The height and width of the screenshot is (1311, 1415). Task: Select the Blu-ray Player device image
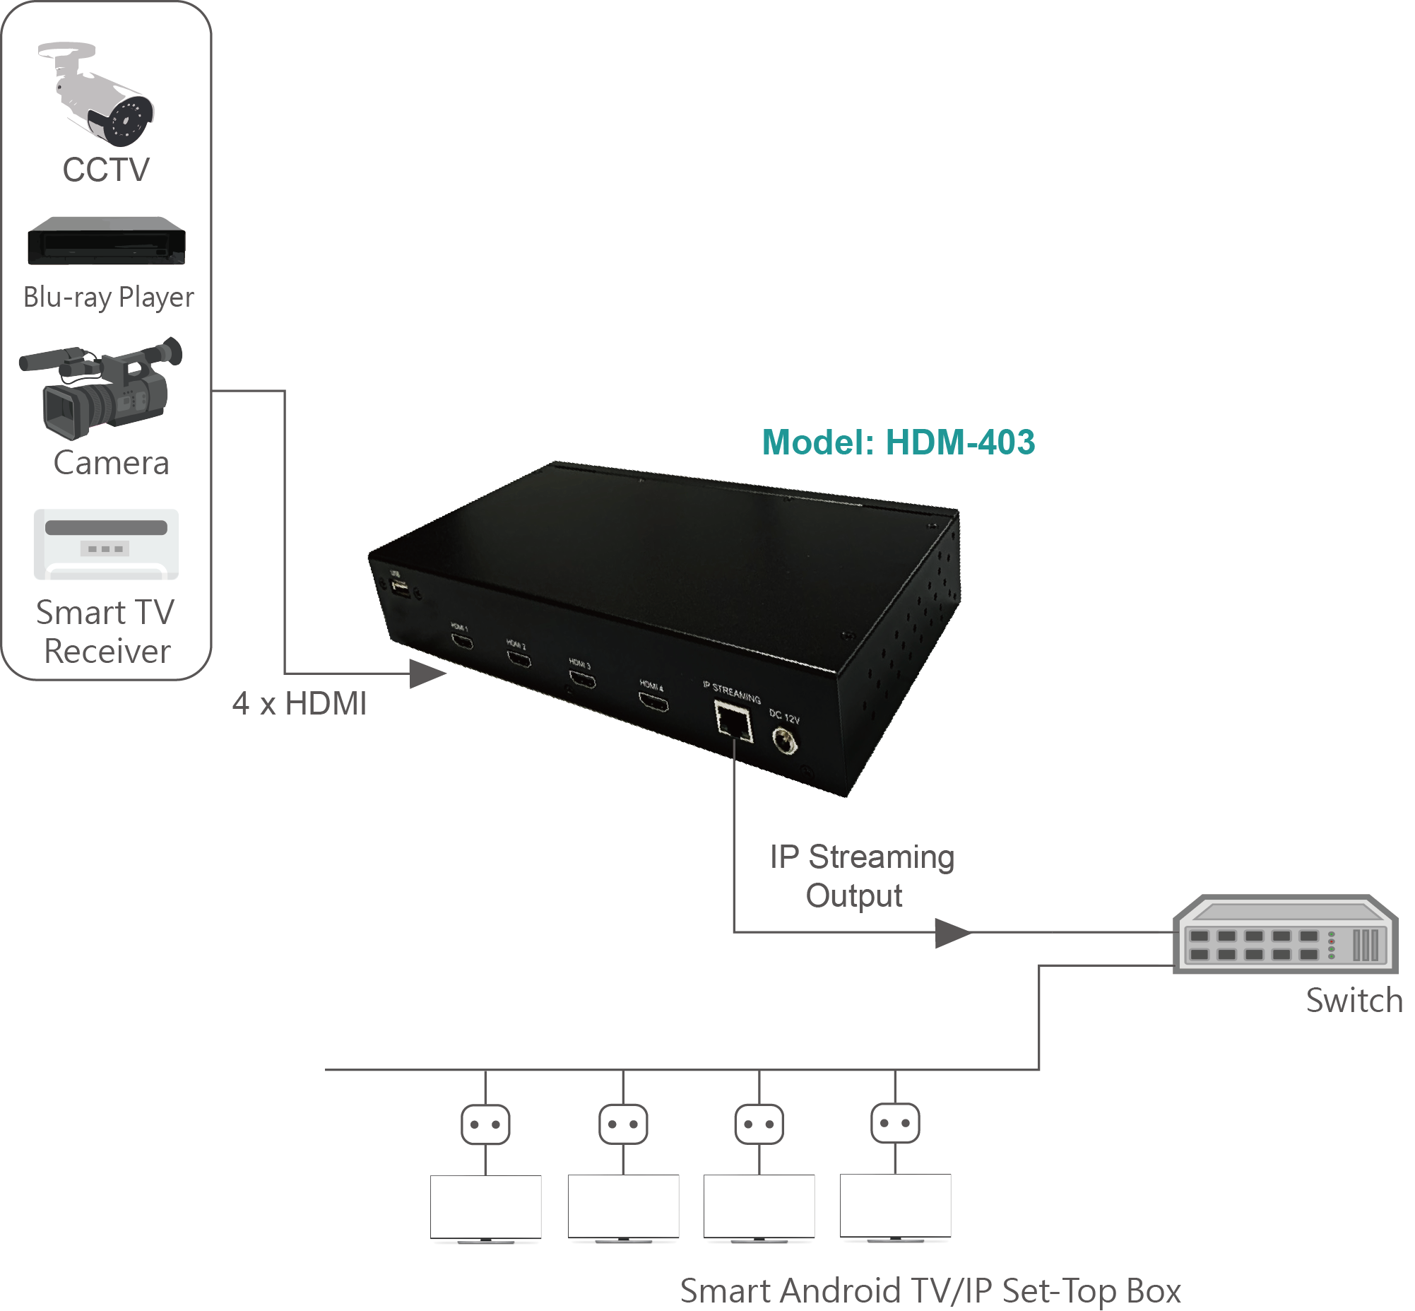pyautogui.click(x=107, y=241)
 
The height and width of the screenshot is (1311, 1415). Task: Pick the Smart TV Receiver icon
pyautogui.click(x=107, y=544)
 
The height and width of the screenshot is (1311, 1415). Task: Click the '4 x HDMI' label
pyautogui.click(x=300, y=704)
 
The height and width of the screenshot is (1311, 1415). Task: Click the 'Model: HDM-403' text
pyautogui.click(x=898, y=442)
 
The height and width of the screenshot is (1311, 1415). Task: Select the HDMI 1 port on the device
pyautogui.click(x=463, y=642)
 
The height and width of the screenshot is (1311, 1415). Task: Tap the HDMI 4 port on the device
pyautogui.click(x=653, y=703)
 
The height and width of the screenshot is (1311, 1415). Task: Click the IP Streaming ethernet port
pyautogui.click(x=733, y=722)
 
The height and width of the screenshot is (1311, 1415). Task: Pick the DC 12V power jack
pyautogui.click(x=784, y=743)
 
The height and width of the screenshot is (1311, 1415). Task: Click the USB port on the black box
pyautogui.click(x=400, y=587)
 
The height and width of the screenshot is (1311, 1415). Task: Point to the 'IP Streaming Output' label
pyautogui.click(x=861, y=876)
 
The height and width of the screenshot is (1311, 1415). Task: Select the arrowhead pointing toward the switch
pyautogui.click(x=952, y=933)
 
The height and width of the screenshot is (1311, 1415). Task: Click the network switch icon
pyautogui.click(x=1284, y=934)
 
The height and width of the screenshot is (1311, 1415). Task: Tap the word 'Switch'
pyautogui.click(x=1354, y=1000)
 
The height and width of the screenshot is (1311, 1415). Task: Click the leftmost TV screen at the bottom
pyautogui.click(x=486, y=1208)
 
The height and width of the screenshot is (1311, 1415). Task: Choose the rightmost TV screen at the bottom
pyautogui.click(x=895, y=1206)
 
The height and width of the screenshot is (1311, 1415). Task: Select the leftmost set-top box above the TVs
pyautogui.click(x=485, y=1124)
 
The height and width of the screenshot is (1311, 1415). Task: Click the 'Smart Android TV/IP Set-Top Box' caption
pyautogui.click(x=930, y=1291)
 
